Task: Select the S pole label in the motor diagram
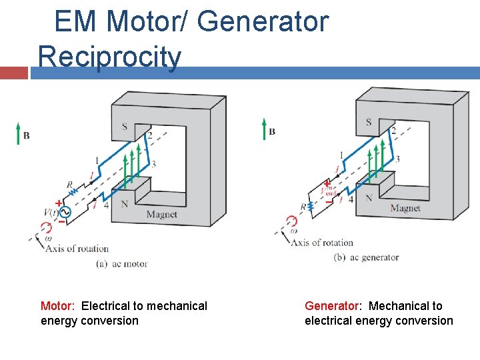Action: (x=124, y=127)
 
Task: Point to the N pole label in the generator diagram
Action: (x=369, y=199)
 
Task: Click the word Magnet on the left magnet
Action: (x=161, y=215)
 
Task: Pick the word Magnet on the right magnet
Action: (x=405, y=209)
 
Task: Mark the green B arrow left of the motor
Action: (x=19, y=133)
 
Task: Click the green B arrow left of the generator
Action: (x=264, y=129)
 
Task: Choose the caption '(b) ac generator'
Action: (x=366, y=257)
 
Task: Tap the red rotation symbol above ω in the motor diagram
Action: (x=46, y=228)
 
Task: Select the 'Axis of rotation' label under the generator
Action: (x=322, y=243)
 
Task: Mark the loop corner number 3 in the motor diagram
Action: (x=153, y=164)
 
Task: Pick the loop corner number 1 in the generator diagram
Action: (x=341, y=155)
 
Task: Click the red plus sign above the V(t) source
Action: (x=59, y=203)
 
